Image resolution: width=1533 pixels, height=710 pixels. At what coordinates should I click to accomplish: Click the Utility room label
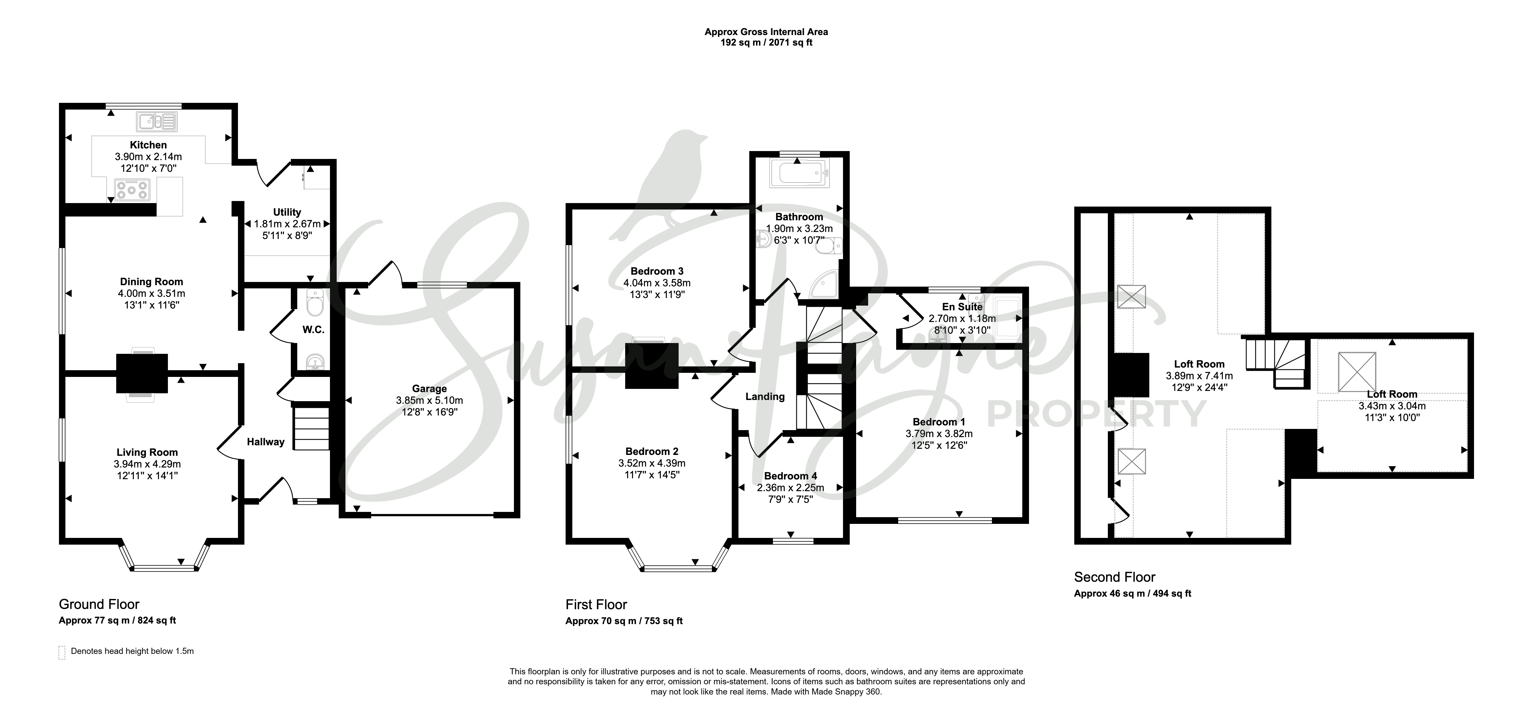click(287, 212)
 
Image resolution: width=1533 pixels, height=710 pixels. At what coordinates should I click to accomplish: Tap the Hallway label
click(265, 442)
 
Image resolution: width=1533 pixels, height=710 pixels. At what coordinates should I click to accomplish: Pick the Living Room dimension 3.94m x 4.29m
click(147, 464)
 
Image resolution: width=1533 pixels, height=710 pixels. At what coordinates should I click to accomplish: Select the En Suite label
click(962, 307)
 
